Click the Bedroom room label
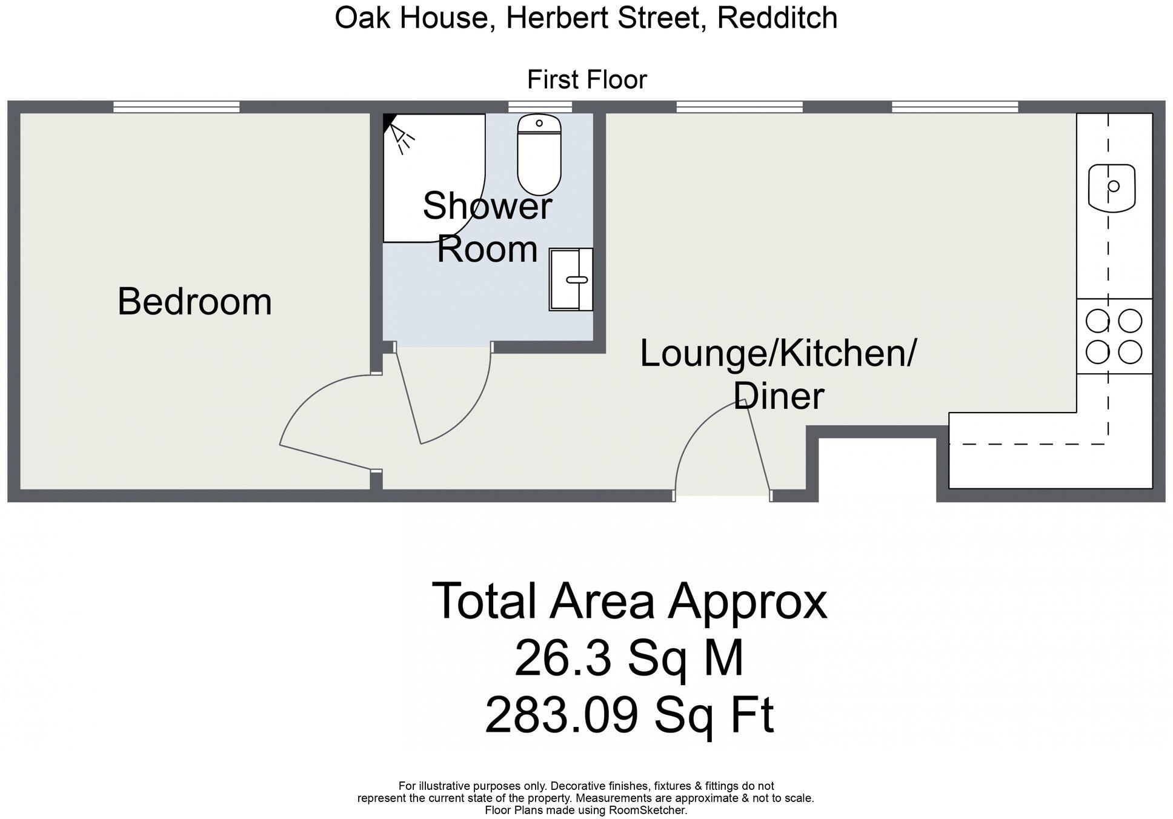[194, 302]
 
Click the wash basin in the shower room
[571, 279]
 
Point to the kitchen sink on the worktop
[1111, 187]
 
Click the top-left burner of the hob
[1097, 321]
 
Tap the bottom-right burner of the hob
[1130, 352]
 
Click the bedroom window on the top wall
[176, 107]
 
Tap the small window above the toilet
[539, 107]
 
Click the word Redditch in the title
[777, 18]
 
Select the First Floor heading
[586, 79]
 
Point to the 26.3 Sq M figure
[628, 659]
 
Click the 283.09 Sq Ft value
[628, 715]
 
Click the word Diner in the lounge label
[779, 396]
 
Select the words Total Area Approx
[628, 602]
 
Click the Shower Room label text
[487, 227]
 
